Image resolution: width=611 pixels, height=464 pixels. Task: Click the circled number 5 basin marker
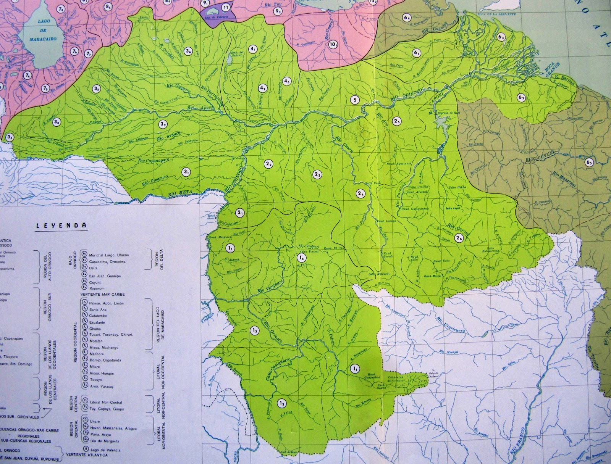point(355,100)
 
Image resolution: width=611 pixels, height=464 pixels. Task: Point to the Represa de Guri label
point(446,113)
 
